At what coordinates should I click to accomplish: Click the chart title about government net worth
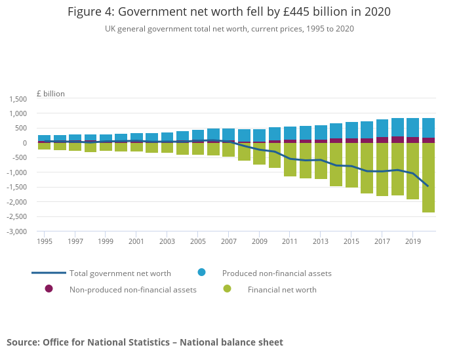(x=229, y=12)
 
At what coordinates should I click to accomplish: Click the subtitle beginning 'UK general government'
(x=229, y=29)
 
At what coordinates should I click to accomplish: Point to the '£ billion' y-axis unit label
(x=50, y=94)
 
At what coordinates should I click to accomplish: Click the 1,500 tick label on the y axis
(x=18, y=99)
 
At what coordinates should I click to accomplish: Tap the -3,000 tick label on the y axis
(x=16, y=232)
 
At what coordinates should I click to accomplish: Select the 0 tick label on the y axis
(x=24, y=144)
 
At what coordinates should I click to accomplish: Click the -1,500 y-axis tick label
(x=16, y=188)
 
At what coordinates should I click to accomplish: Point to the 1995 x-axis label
(x=45, y=241)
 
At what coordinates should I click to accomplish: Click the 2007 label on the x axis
(x=228, y=241)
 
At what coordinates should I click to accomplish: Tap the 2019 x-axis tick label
(x=412, y=241)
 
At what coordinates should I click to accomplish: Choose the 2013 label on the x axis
(x=321, y=241)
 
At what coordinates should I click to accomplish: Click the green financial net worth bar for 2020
(x=428, y=178)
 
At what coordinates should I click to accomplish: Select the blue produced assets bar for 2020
(x=428, y=128)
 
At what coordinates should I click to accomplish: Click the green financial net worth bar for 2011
(x=290, y=159)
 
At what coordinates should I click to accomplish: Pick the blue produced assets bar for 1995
(x=45, y=138)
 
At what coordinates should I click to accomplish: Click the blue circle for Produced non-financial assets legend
(x=202, y=272)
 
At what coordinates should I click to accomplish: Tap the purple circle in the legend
(x=49, y=289)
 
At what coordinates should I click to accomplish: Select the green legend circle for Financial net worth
(x=227, y=289)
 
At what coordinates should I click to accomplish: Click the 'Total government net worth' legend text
(x=120, y=273)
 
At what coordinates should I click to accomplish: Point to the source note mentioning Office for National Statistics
(x=145, y=342)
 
